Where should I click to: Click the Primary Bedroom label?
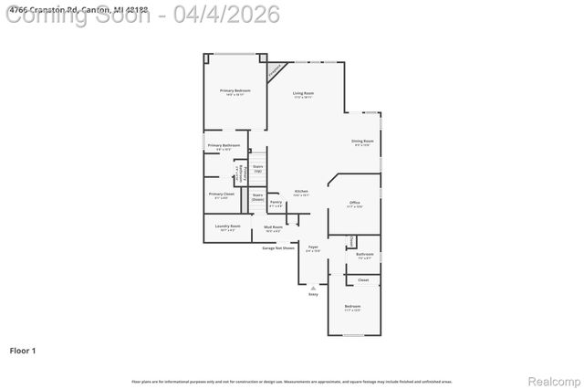pos(235,90)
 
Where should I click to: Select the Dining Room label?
pos(362,141)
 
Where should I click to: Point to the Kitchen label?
pos(301,191)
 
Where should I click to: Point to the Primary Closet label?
pos(222,194)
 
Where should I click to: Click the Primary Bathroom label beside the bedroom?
pos(224,145)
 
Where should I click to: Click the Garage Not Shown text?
pos(278,247)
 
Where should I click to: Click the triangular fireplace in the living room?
pos(274,69)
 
